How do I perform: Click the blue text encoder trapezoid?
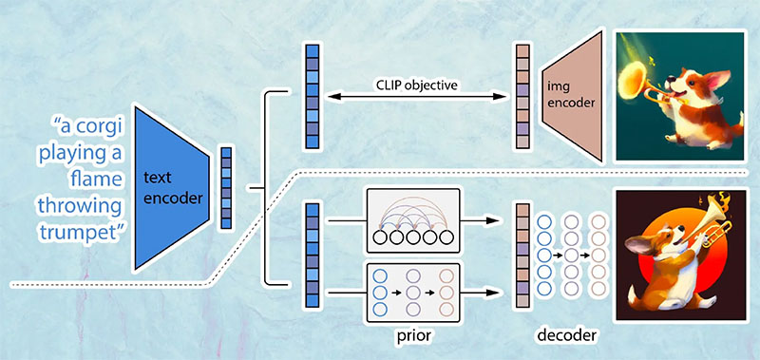point(172,187)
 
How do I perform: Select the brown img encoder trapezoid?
point(573,96)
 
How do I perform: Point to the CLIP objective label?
point(417,85)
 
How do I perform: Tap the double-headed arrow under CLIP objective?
point(417,97)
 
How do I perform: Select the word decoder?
point(567,334)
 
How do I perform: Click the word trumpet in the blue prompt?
point(81,233)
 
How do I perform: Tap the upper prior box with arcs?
point(413,221)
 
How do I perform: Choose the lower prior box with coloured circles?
point(413,294)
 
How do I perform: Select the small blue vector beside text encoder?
point(226,188)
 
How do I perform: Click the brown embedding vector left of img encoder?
point(522,97)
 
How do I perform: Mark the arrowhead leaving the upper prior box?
point(492,221)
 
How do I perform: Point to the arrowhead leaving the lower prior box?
point(492,293)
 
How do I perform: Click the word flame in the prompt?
point(96,180)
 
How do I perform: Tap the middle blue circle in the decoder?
point(544,255)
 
